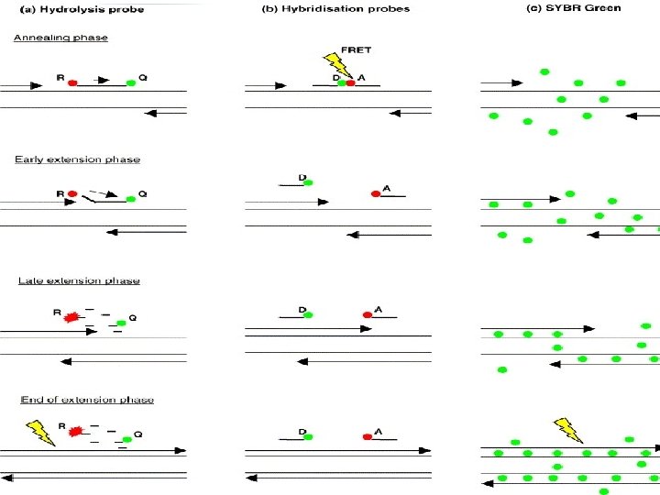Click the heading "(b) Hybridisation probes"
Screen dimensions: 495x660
coord(351,8)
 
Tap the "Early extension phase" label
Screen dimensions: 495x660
coord(77,159)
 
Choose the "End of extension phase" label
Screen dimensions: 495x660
coord(88,400)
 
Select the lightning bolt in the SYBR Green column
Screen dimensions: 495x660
coord(567,429)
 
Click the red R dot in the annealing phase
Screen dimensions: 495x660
coord(72,82)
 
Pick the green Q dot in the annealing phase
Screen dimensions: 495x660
coord(131,82)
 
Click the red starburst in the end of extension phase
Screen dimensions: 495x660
coord(76,428)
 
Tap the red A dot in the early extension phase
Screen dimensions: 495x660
coord(375,194)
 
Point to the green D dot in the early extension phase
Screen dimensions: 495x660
coord(308,182)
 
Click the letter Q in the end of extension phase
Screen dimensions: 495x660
coord(137,434)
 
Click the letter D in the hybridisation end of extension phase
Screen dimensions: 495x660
coord(302,431)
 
